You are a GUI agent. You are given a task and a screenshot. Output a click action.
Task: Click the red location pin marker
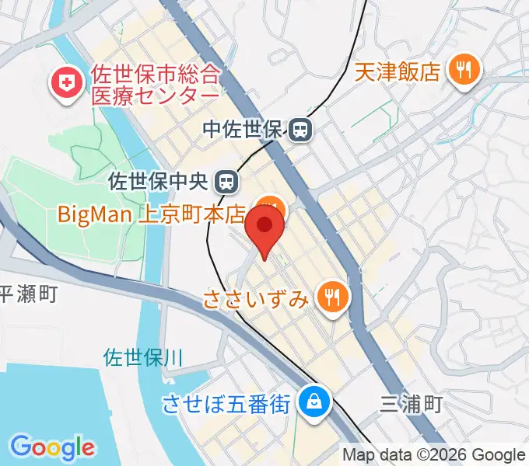[264, 226]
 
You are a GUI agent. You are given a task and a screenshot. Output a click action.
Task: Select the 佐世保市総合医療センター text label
[155, 85]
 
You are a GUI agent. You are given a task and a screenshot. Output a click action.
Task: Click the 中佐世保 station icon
[300, 130]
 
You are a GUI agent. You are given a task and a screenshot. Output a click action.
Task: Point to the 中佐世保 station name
[244, 130]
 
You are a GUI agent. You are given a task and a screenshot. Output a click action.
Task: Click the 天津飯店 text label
[398, 72]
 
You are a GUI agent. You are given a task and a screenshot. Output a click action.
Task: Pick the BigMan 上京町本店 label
[152, 212]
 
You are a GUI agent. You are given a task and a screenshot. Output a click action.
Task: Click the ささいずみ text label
[257, 298]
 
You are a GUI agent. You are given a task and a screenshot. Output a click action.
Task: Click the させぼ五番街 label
[227, 405]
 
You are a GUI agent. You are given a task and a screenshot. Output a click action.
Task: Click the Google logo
[52, 447]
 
